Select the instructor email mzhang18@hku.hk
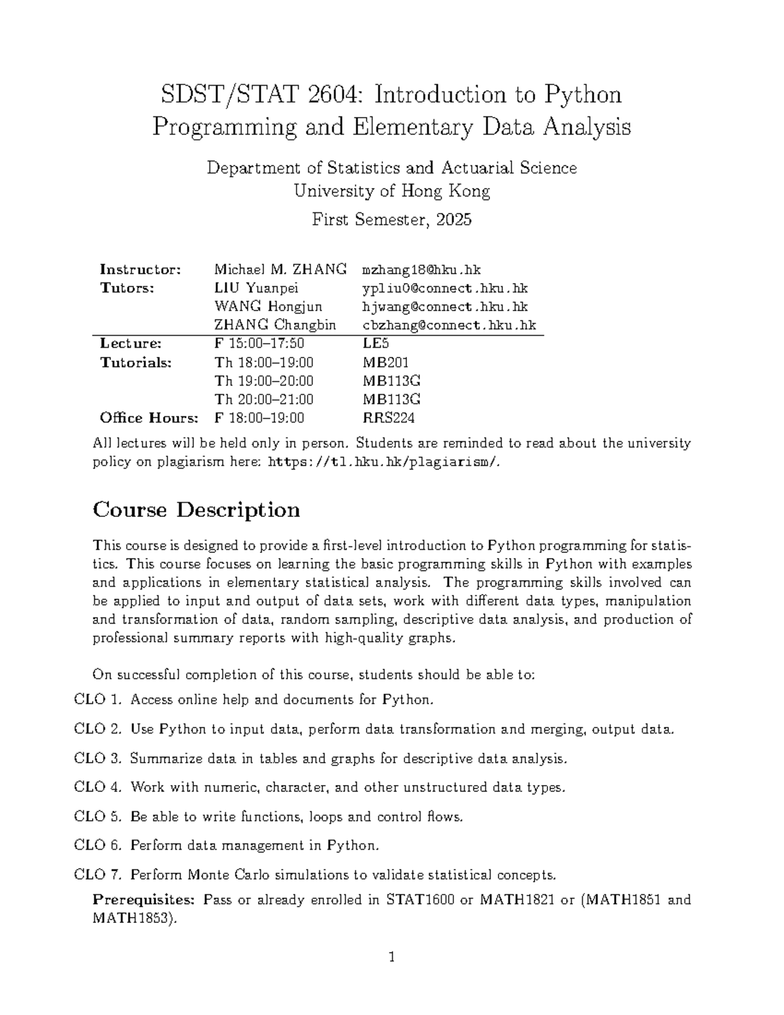pos(421,269)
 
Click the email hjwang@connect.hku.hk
pos(445,307)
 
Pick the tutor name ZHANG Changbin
pos(275,325)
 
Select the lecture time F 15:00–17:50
pos(259,344)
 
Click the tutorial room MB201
pos(385,363)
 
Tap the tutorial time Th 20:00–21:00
pos(263,399)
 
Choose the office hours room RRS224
pos(388,418)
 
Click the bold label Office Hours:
pos(148,418)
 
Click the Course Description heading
pos(197,510)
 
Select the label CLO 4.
pos(98,788)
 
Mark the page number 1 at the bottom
pos(392,958)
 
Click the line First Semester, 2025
pos(391,220)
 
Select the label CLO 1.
pos(98,700)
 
